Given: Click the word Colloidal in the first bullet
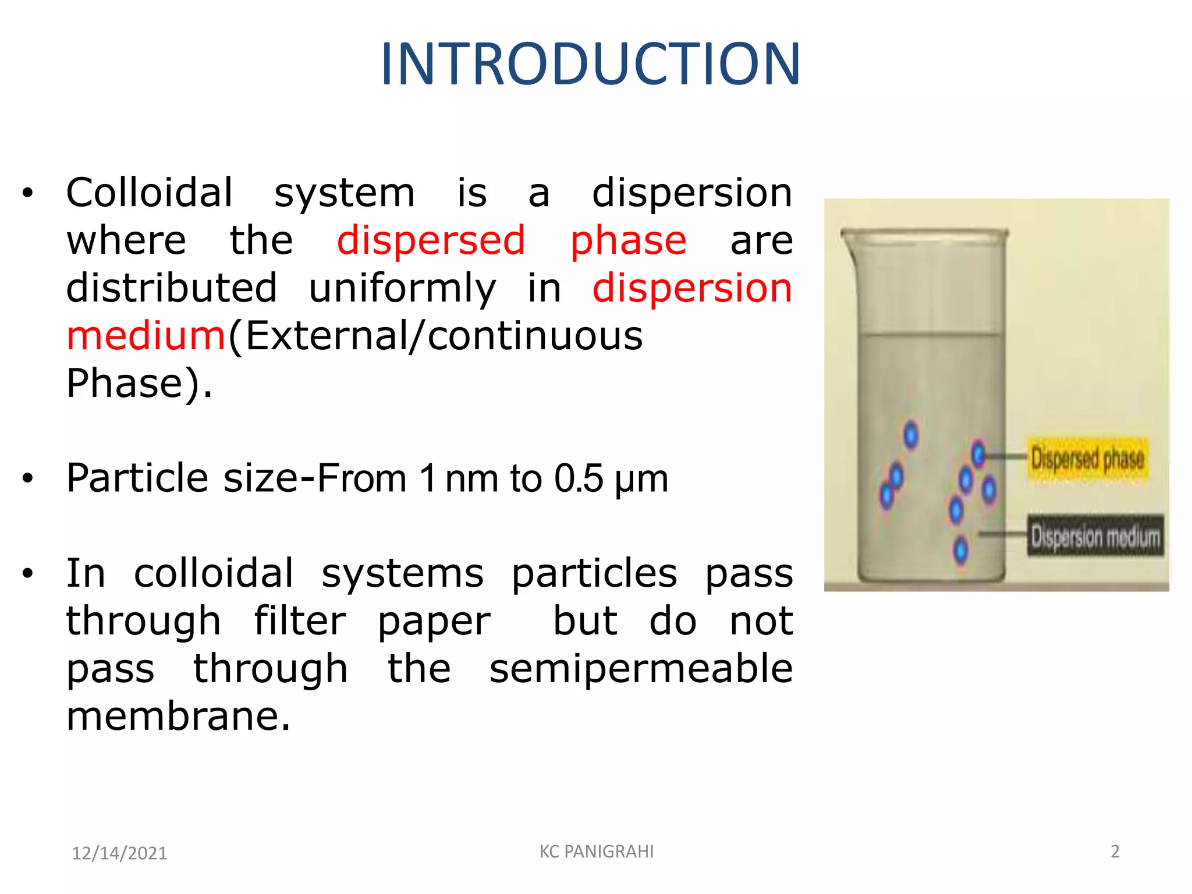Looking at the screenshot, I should [149, 193].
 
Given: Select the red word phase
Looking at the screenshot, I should [628, 241].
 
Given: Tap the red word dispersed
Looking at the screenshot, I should [431, 241].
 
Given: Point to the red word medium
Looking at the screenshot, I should [146, 336].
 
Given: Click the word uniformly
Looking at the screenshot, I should [402, 289].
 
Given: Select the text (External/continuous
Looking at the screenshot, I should [435, 336].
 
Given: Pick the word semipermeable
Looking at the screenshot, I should [640, 669].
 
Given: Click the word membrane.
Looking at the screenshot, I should [178, 716].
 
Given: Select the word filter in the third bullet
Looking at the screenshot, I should [299, 622].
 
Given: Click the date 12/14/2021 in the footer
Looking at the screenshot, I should [119, 853].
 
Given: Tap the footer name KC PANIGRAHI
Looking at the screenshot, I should [596, 852].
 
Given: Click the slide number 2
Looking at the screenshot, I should [1115, 852].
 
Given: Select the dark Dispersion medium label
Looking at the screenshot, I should [1094, 536].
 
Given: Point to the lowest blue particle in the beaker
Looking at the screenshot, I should [960, 550].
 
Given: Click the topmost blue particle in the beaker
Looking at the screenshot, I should [911, 435].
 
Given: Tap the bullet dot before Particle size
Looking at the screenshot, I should [27, 479].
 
